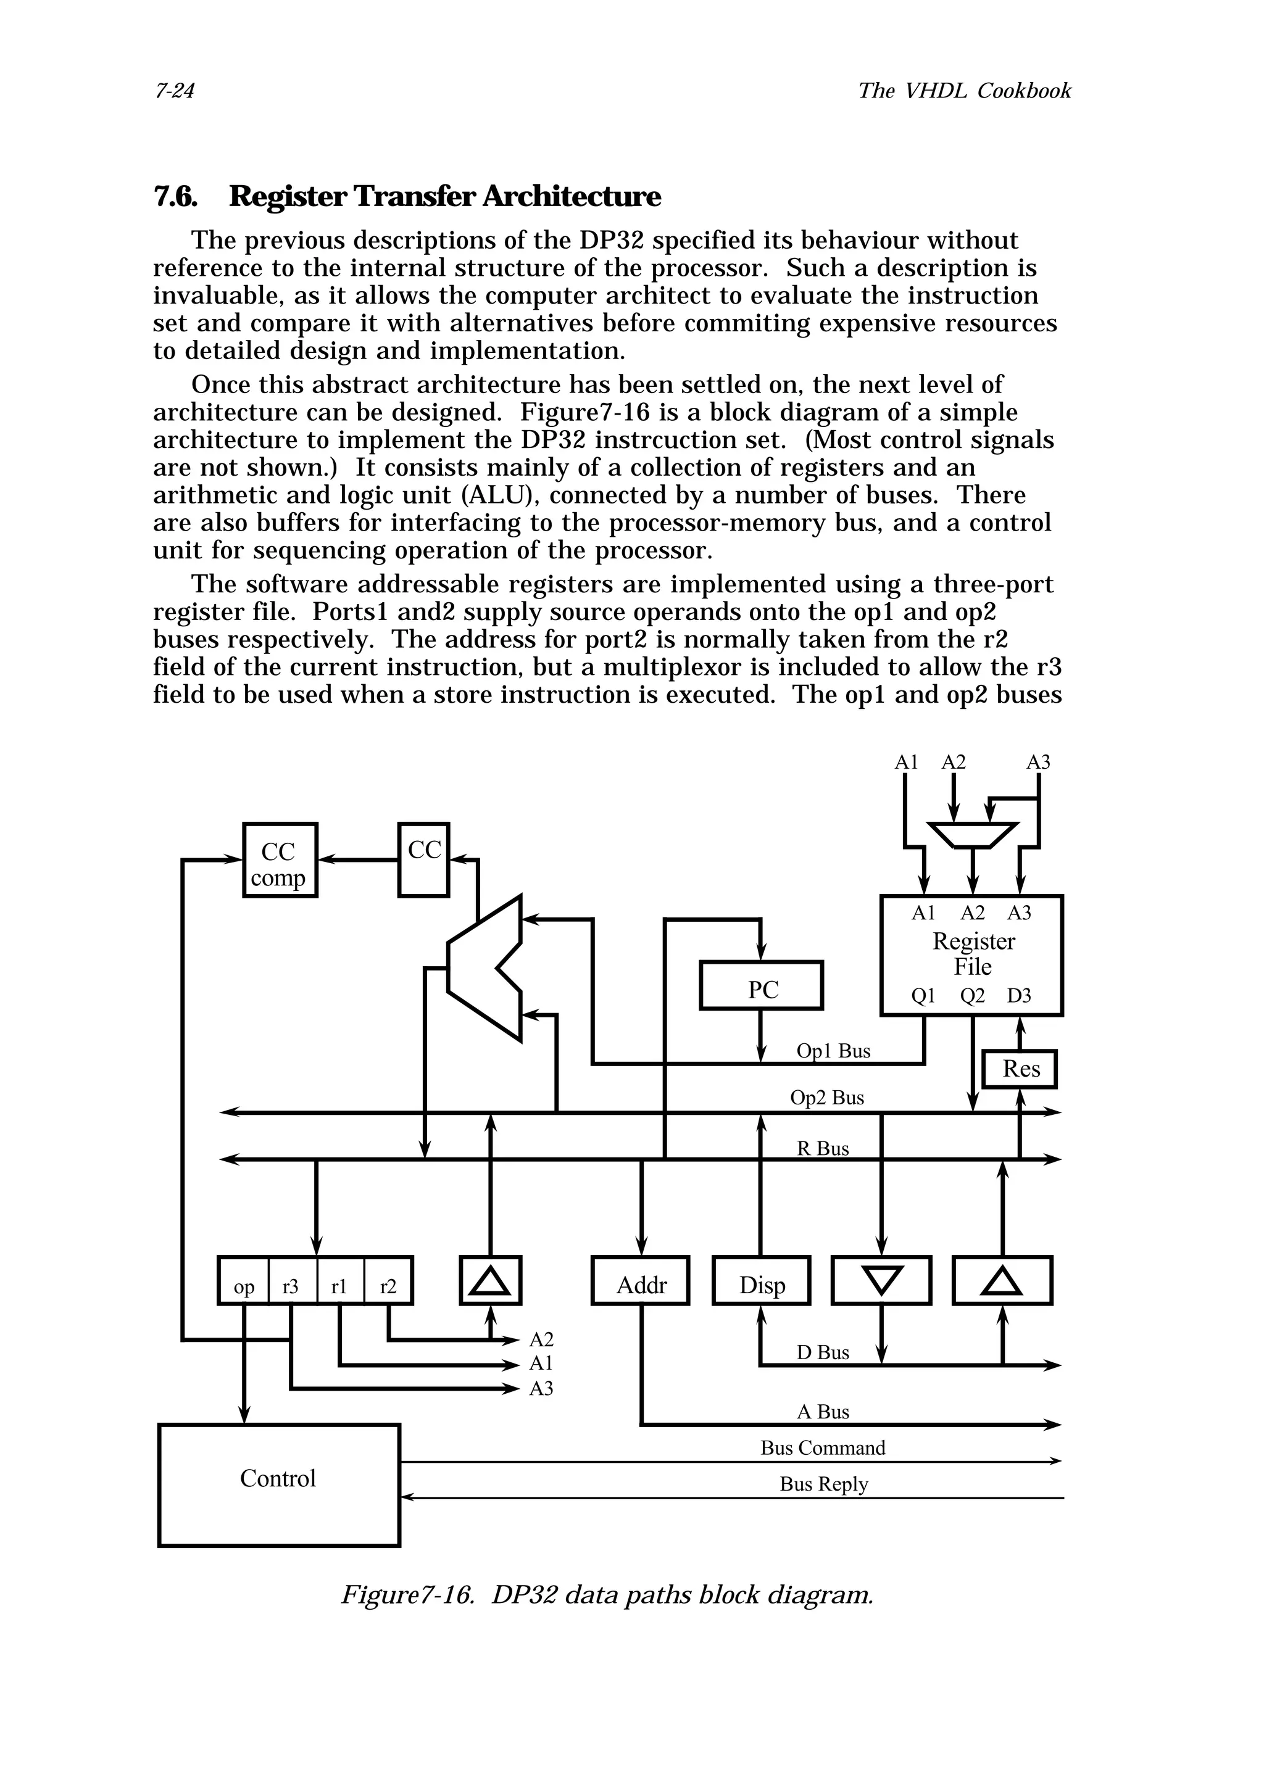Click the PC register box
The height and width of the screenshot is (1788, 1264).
[x=761, y=985]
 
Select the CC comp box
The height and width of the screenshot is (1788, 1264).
[x=280, y=859]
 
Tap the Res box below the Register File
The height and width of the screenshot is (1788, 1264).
[x=1020, y=1069]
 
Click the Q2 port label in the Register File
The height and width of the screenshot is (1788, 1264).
[x=972, y=995]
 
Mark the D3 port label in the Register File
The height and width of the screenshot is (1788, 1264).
[x=1019, y=995]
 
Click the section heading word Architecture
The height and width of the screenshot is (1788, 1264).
[x=571, y=196]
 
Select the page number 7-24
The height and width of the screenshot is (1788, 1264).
[x=175, y=91]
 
